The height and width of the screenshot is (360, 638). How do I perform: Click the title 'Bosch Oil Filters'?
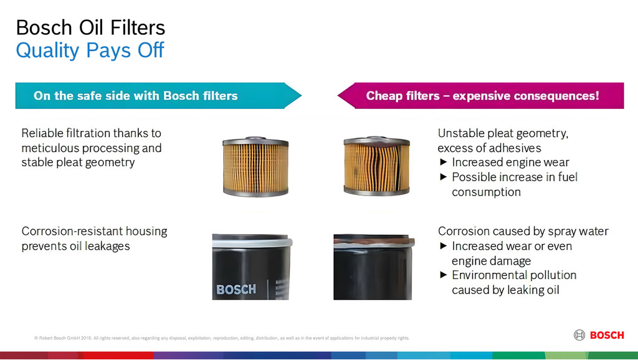click(x=90, y=27)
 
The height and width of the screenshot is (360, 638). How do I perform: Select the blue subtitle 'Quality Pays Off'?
click(x=90, y=50)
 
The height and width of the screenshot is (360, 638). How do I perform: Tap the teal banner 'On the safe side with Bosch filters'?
click(x=136, y=96)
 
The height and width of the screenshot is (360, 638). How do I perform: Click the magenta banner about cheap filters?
click(x=482, y=96)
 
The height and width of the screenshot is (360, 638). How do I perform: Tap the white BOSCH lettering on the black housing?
click(x=236, y=289)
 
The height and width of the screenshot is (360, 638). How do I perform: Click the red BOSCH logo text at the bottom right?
click(x=606, y=335)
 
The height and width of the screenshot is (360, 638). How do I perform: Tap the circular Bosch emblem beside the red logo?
click(x=579, y=335)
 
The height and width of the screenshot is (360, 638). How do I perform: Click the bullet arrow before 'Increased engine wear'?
click(x=444, y=163)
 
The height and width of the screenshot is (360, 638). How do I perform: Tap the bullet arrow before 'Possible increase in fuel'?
click(x=444, y=178)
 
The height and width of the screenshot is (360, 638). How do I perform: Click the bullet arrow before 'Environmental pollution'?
click(x=444, y=275)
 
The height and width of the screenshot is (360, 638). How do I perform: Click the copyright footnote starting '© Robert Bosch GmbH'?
click(x=222, y=338)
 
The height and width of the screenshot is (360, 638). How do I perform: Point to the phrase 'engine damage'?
click(x=491, y=261)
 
